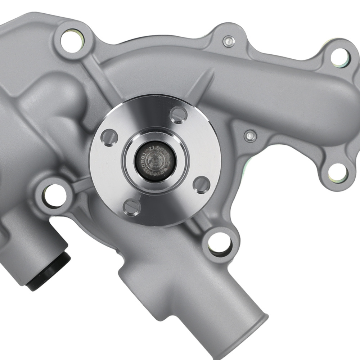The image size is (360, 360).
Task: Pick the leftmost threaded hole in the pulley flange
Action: [x=109, y=137]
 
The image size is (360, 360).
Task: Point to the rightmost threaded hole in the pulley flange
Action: [x=202, y=184]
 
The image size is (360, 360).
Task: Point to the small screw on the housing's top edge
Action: [x=228, y=42]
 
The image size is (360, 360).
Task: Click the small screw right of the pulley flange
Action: [x=250, y=136]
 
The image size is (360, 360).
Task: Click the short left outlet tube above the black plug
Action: [x=36, y=245]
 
